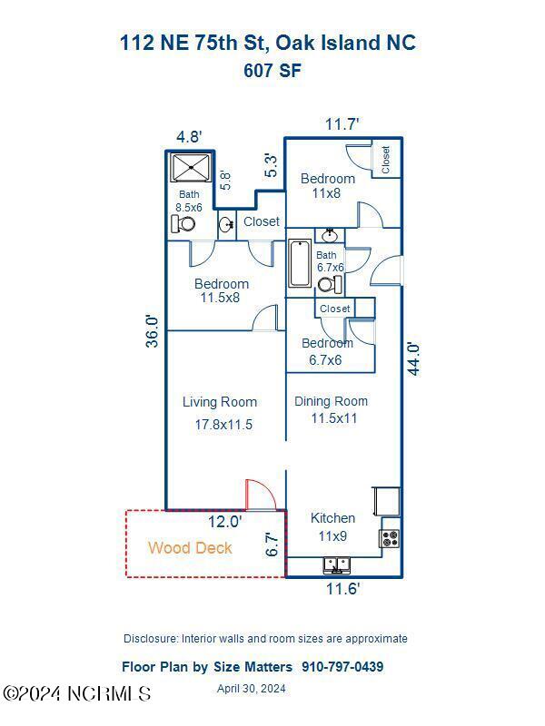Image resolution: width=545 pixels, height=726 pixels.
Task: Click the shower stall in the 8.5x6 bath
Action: (190, 168)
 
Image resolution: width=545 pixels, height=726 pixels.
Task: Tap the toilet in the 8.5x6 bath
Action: (183, 223)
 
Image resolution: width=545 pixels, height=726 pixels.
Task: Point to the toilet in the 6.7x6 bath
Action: (329, 285)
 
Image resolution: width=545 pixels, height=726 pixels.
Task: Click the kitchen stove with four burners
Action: (390, 538)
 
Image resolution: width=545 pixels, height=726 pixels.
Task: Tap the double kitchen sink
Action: (336, 565)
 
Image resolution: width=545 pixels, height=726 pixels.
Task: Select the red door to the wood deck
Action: (260, 495)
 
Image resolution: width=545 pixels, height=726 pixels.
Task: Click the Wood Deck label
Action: (190, 548)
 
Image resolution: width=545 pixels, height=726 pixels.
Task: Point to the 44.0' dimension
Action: (413, 358)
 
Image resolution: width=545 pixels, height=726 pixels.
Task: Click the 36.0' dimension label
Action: (154, 330)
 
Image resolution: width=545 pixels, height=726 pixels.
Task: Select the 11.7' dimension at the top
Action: (342, 123)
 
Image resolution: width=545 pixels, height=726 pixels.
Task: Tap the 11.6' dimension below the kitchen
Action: (342, 589)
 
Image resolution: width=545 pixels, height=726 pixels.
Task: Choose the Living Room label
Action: (220, 402)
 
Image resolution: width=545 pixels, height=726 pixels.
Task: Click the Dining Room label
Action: (332, 401)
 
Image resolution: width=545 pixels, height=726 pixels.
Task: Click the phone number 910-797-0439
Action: (342, 667)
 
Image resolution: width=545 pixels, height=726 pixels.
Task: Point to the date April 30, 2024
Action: (252, 689)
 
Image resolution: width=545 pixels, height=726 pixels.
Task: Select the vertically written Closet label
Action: (386, 160)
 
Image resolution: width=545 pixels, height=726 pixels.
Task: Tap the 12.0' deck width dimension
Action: (224, 522)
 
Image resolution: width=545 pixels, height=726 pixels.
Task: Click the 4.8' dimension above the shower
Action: (189, 137)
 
